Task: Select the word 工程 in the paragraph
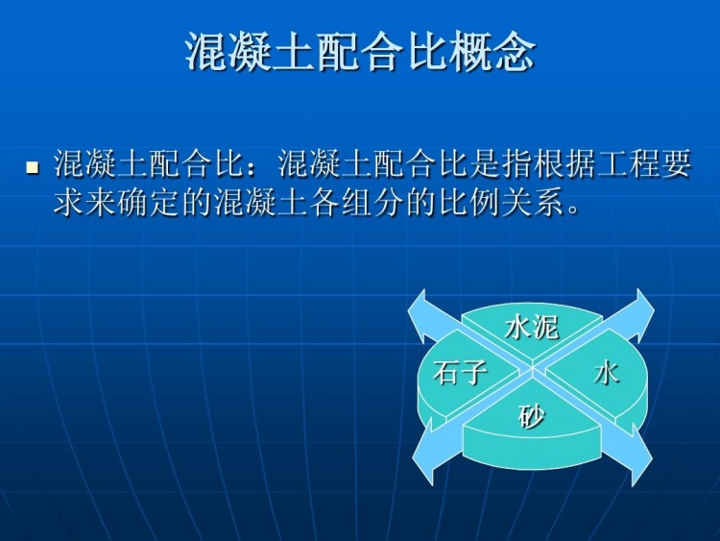pos(615,164)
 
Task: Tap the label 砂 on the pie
pos(531,416)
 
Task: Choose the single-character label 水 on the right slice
pos(606,372)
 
